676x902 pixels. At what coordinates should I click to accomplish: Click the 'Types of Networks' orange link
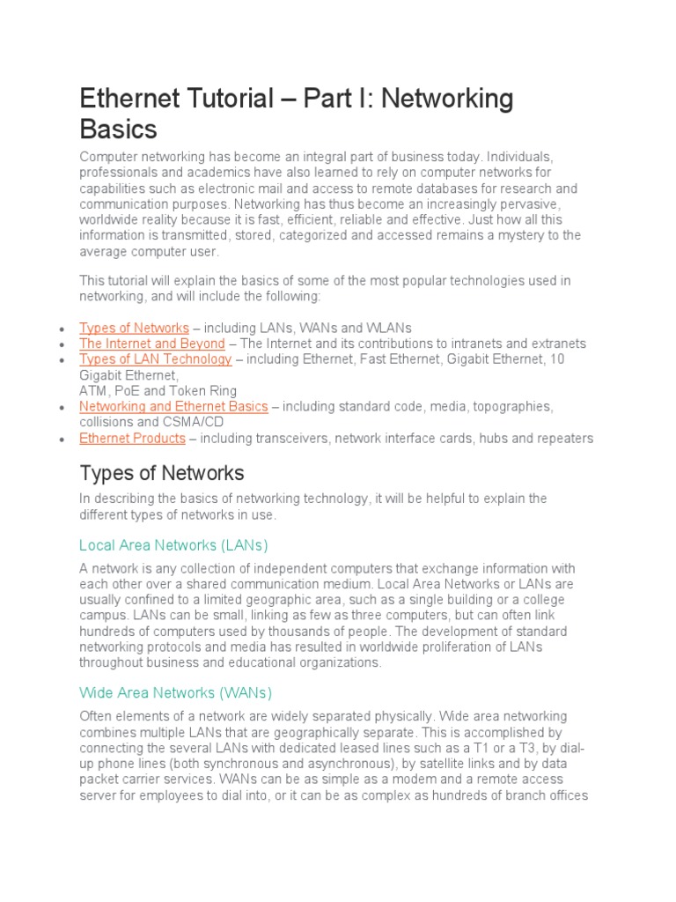pyautogui.click(x=134, y=328)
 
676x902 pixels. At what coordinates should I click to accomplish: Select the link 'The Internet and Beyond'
pyautogui.click(x=151, y=344)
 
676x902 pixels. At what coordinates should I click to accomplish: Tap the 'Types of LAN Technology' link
pyautogui.click(x=156, y=359)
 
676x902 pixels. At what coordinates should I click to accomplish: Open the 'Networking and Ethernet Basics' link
pyautogui.click(x=173, y=407)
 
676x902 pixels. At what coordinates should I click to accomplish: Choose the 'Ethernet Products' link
pyautogui.click(x=132, y=439)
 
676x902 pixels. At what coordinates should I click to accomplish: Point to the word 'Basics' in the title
pyautogui.click(x=118, y=129)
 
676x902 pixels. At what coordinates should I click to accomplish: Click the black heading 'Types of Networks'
pyautogui.click(x=162, y=473)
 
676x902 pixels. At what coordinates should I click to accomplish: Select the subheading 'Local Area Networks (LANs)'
pyautogui.click(x=173, y=545)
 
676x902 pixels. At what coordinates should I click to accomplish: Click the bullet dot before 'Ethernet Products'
pyautogui.click(x=61, y=440)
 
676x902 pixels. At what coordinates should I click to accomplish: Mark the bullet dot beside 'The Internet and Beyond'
pyautogui.click(x=61, y=344)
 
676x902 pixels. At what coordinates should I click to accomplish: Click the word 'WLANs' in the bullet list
pyautogui.click(x=391, y=328)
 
